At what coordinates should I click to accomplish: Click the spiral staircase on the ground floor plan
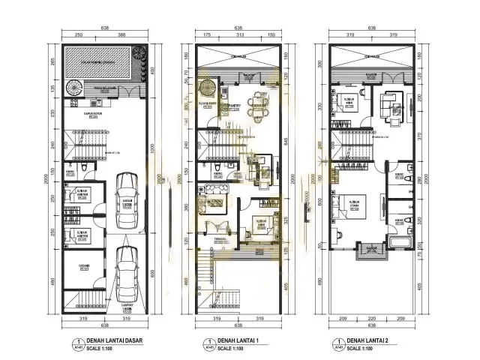point(75,88)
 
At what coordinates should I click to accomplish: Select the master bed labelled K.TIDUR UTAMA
point(350,209)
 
